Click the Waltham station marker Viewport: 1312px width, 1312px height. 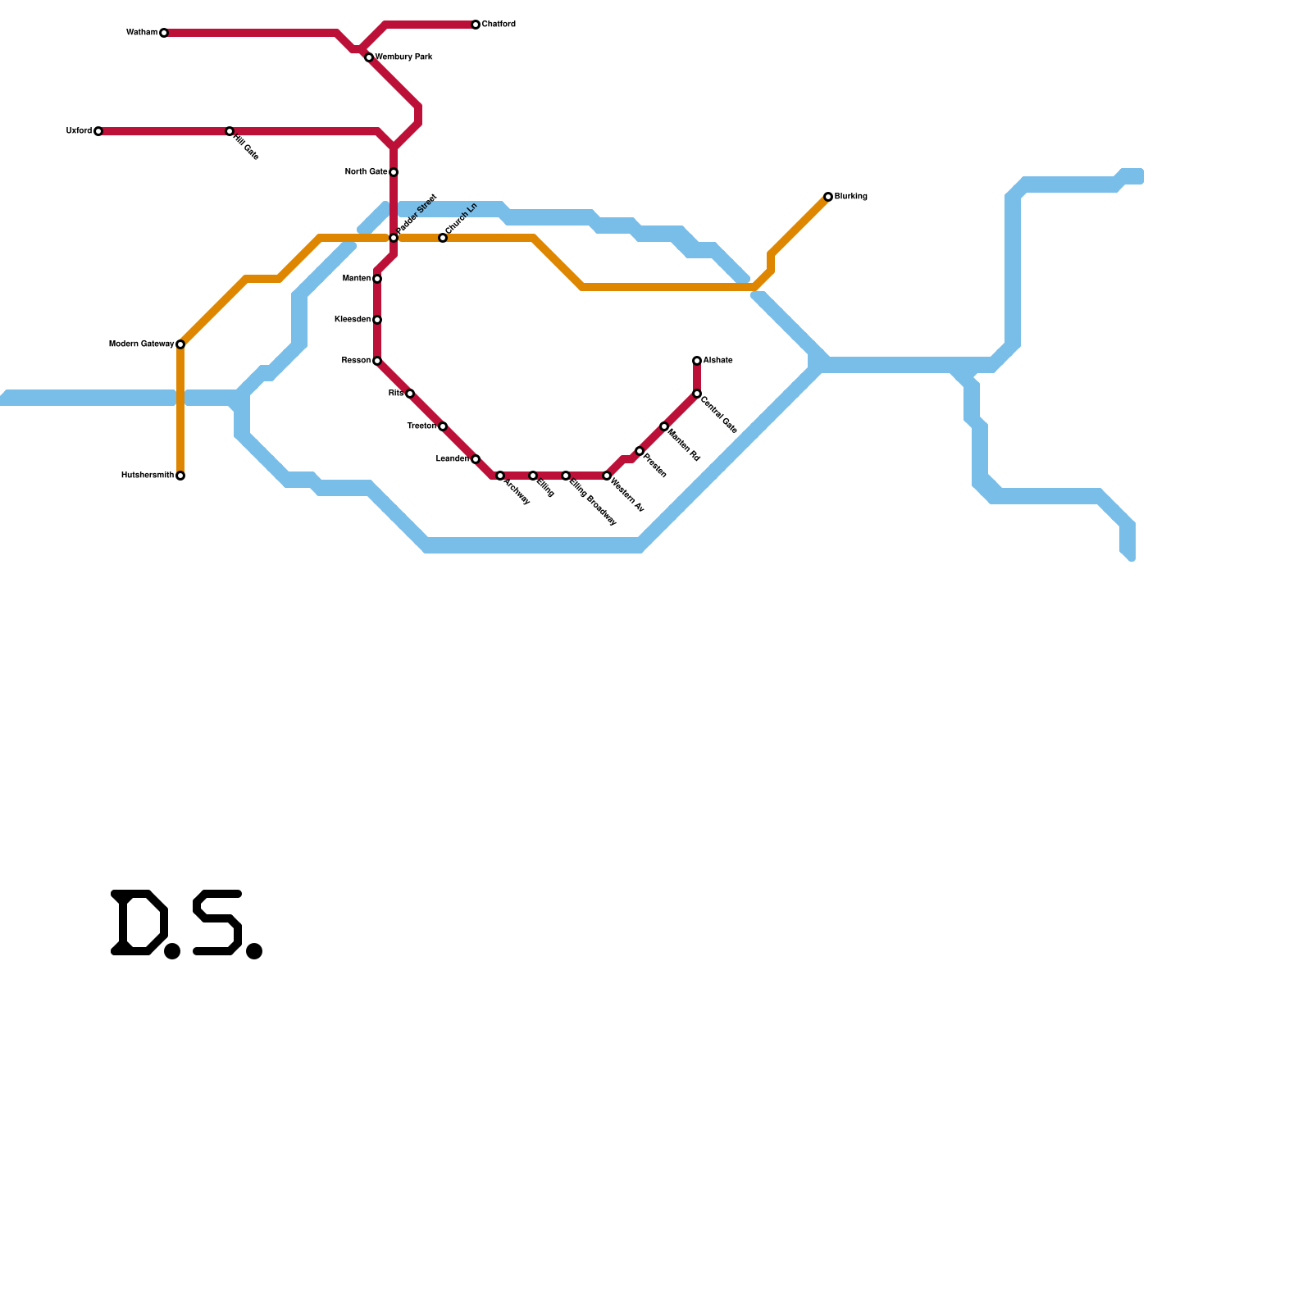[164, 33]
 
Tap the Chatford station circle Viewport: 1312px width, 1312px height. [476, 25]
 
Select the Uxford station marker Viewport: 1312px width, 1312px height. [98, 131]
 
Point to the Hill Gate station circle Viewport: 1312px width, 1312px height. [230, 131]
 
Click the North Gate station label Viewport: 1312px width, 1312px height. [366, 172]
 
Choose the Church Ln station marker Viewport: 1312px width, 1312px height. [443, 238]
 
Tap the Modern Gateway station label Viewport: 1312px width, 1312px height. [141, 344]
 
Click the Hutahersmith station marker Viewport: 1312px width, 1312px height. [180, 476]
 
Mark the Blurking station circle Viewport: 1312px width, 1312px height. [828, 197]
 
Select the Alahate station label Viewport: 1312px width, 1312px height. [717, 361]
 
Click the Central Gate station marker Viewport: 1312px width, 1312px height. [697, 394]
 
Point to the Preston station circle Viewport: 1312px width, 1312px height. [640, 451]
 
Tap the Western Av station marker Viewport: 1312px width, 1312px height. [607, 476]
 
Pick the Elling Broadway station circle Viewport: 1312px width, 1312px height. [566, 476]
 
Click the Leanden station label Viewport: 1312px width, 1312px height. [452, 459]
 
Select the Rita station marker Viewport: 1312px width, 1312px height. [410, 394]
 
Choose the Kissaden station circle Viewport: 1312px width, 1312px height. [377, 320]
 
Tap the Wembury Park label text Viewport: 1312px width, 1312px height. [403, 57]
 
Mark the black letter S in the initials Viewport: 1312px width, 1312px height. [218, 922]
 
